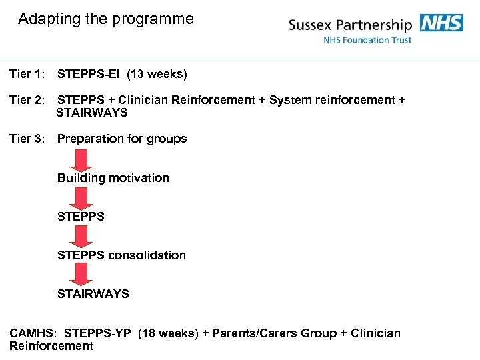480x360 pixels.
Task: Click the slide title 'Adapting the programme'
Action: point(106,19)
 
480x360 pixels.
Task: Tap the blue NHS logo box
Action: point(441,23)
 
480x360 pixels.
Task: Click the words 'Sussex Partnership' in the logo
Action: point(350,25)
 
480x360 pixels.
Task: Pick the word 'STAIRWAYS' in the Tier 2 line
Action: point(92,113)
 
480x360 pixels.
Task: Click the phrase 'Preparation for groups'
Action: point(122,139)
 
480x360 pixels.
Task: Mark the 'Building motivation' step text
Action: point(113,178)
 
